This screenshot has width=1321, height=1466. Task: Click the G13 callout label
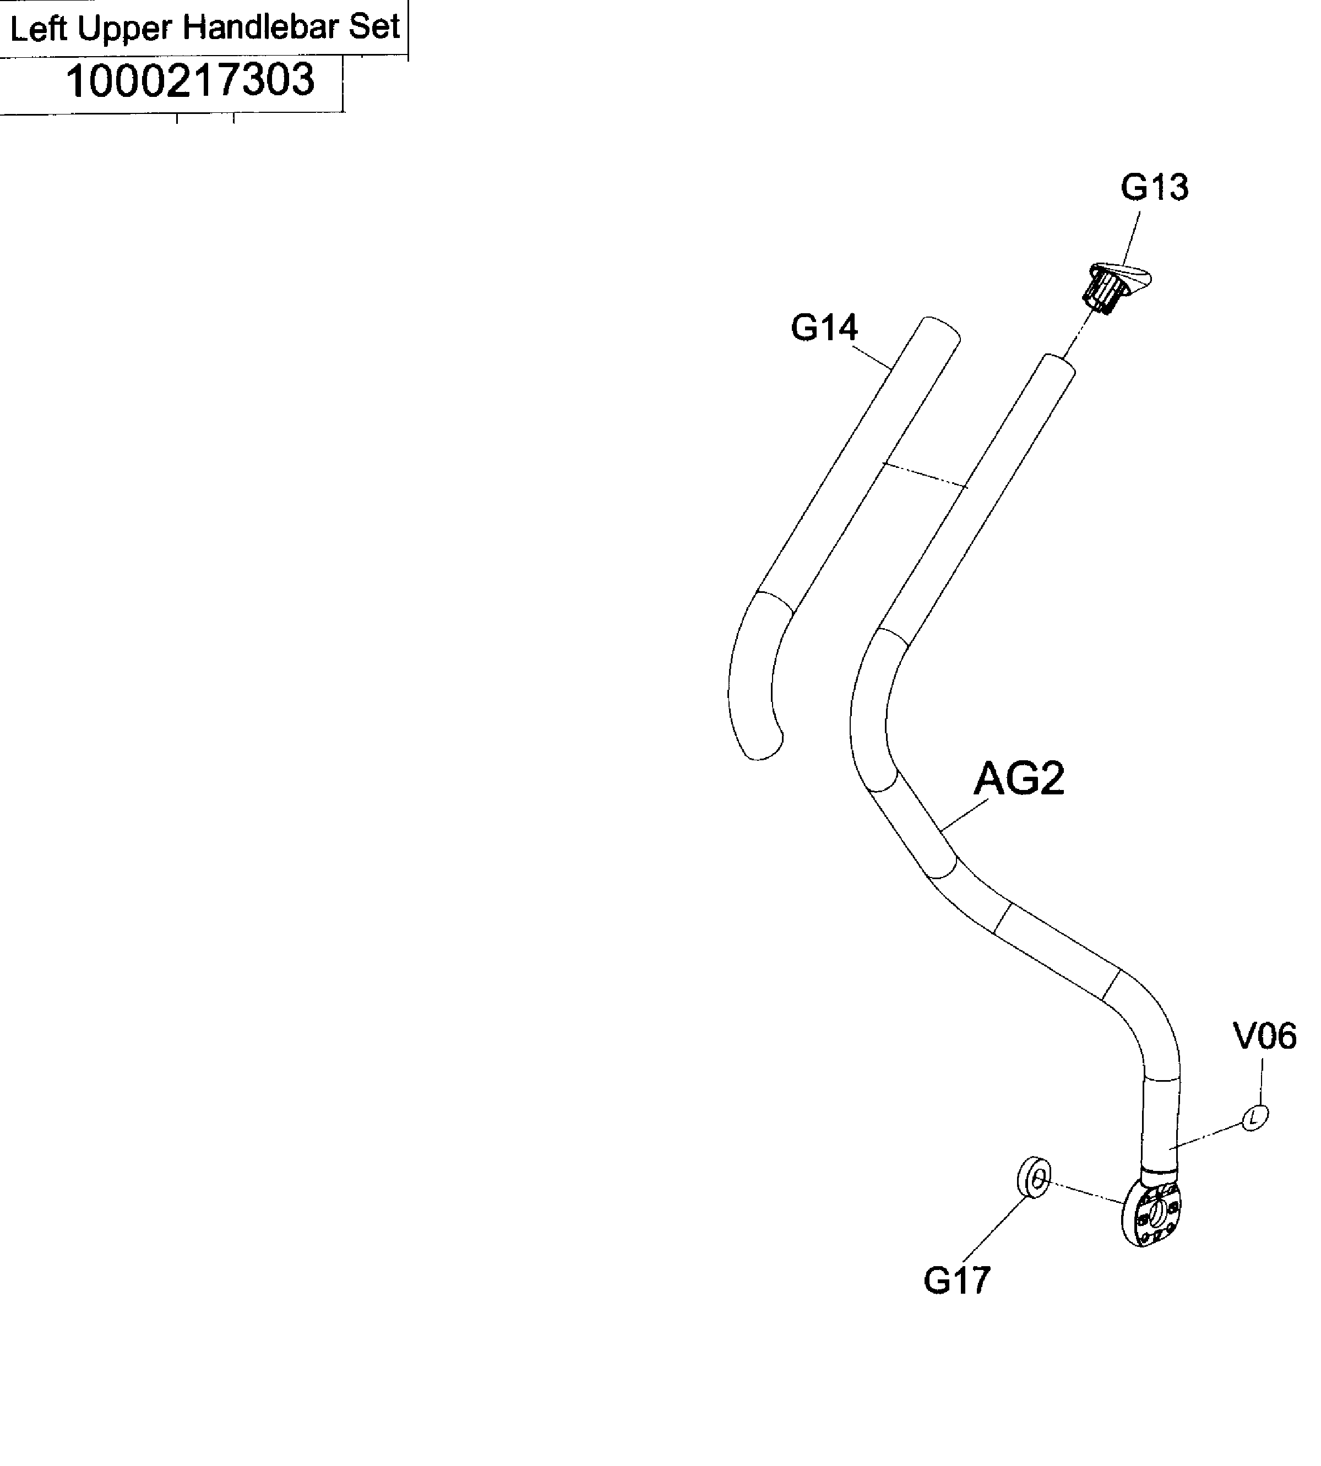pos(1154,187)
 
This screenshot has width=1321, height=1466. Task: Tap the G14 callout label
pos(824,328)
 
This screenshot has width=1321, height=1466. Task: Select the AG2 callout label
pos(1018,780)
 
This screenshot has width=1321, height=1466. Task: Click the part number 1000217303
pos(190,80)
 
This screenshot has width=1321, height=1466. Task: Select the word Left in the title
pos(39,29)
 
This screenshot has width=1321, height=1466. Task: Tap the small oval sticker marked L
pos(1255,1118)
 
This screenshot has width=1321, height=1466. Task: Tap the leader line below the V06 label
pos(1262,1081)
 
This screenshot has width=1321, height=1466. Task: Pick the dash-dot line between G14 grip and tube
pos(926,475)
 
